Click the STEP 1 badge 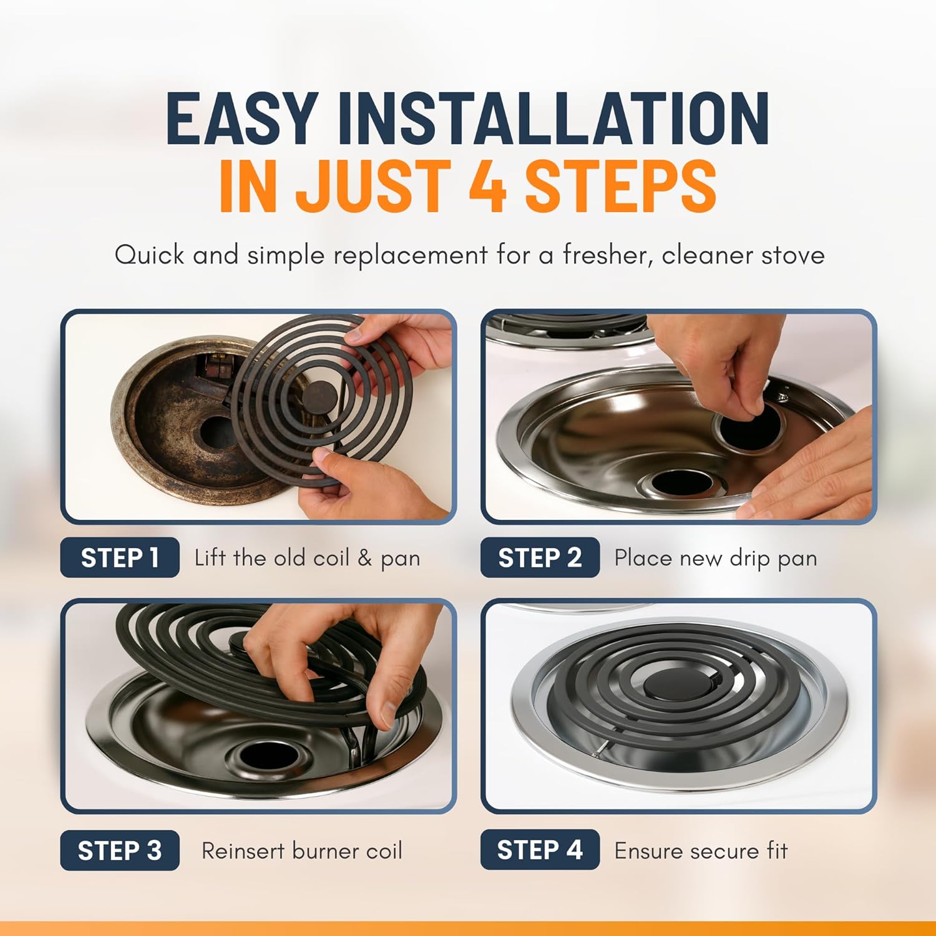coord(120,557)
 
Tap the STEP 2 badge coord(540,557)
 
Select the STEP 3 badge coord(120,851)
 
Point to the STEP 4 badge coord(540,850)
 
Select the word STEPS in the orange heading coord(621,185)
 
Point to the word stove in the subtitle coord(793,255)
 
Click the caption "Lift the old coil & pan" coord(307,557)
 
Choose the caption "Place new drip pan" coord(716,558)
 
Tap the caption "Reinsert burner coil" coord(302,851)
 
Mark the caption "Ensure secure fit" coord(701,851)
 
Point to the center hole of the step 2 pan coord(679,482)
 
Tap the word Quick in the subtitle coord(150,255)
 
